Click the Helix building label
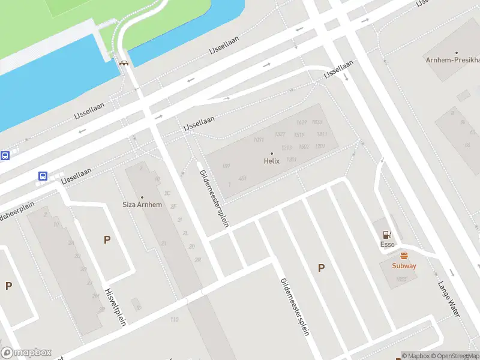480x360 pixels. point(272,161)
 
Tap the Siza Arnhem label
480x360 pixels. point(142,205)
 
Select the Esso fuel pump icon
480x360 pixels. point(387,235)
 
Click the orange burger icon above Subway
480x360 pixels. point(404,256)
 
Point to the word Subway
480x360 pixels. point(404,266)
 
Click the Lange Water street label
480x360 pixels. point(449,299)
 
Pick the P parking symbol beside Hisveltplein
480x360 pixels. point(107,239)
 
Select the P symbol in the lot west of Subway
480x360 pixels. point(321,268)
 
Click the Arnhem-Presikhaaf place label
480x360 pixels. point(453,61)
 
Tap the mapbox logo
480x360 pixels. point(26,353)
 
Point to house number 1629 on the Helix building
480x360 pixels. point(301,122)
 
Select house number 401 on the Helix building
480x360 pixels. point(242,178)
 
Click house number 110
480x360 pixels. point(175,319)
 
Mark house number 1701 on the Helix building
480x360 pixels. point(320,146)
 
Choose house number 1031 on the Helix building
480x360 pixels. point(259,140)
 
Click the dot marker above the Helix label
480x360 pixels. point(272,154)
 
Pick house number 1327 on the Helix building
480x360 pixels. point(279,134)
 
